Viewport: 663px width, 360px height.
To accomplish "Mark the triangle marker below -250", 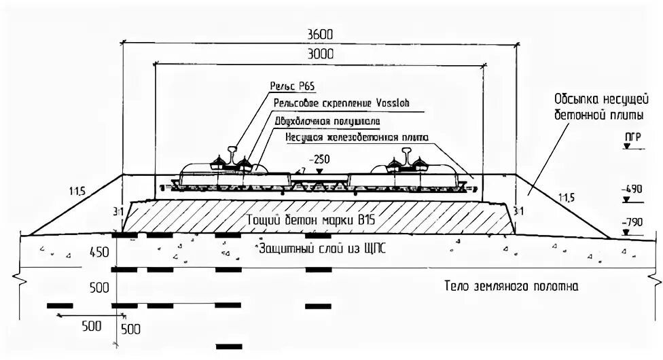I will point(317,168).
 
